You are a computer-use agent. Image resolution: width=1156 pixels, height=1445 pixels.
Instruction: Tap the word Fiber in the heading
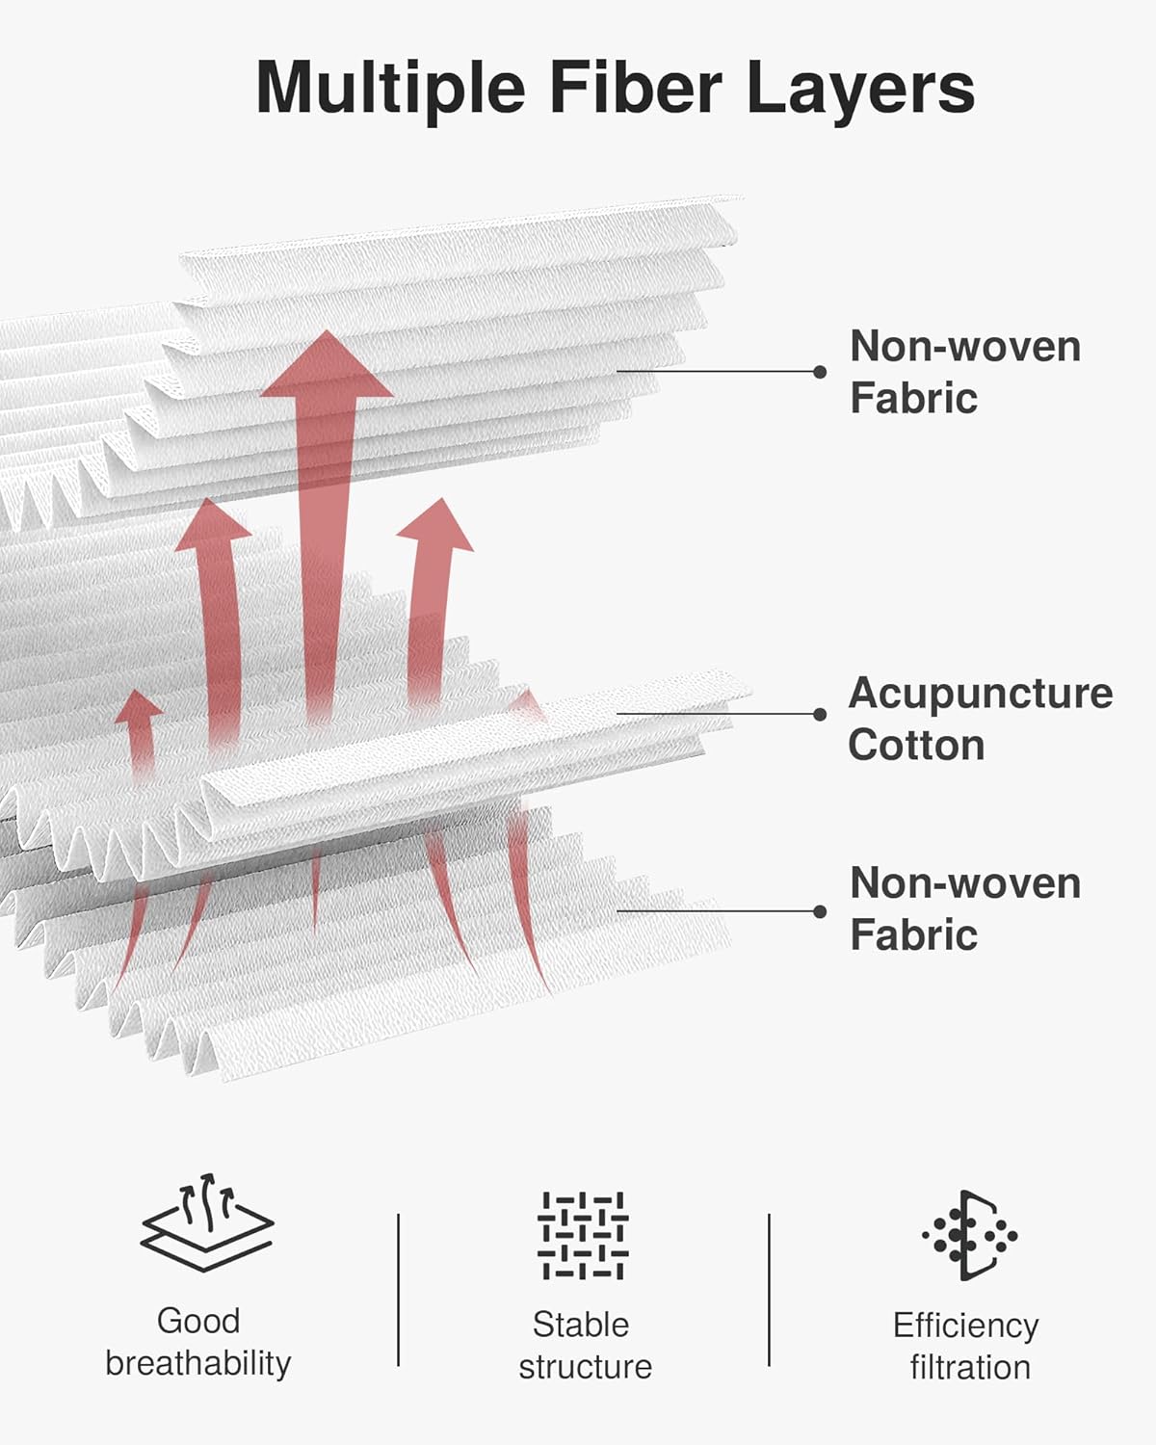[x=636, y=88]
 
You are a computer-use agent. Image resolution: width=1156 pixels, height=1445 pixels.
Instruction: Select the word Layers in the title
[x=861, y=92]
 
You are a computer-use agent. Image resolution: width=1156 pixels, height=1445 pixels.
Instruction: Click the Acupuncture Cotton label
[x=980, y=719]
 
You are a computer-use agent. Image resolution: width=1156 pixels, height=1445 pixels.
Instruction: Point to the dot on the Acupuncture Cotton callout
[x=820, y=714]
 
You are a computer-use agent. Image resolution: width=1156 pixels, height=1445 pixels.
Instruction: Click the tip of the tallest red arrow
[x=327, y=330]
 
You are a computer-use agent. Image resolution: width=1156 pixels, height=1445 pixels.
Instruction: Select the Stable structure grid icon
[x=583, y=1236]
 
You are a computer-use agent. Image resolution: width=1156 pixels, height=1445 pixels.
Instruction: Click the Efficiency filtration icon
[x=970, y=1235]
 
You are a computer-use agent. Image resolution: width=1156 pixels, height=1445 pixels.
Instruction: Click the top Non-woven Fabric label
[x=965, y=371]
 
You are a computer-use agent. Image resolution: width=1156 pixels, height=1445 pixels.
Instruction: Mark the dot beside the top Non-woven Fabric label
[x=820, y=371]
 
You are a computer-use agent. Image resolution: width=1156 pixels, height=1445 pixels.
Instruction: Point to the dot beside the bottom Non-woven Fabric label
[x=820, y=911]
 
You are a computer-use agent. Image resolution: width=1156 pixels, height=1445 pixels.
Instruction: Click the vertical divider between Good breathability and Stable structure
[x=398, y=1290]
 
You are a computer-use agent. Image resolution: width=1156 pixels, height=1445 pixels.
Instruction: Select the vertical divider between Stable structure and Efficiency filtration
[x=769, y=1290]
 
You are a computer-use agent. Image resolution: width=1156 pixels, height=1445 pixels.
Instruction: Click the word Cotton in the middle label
[x=916, y=745]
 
